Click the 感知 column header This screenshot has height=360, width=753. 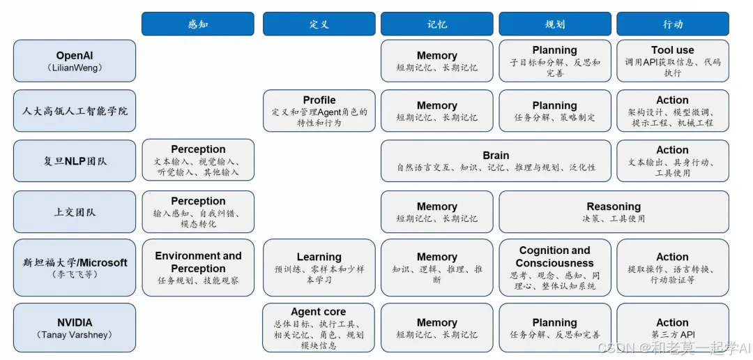point(198,24)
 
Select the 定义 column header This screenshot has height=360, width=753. point(319,24)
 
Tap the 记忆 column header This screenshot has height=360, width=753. point(437,24)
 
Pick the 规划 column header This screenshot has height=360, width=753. point(555,24)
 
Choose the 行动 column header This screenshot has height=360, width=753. point(673,24)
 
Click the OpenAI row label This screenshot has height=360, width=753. point(75,61)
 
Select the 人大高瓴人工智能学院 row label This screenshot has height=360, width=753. point(75,111)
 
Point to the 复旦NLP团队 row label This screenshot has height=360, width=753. point(75,161)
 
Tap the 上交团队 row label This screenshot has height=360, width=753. point(75,212)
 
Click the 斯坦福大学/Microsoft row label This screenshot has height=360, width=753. point(75,268)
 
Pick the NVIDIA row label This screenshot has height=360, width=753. point(75,328)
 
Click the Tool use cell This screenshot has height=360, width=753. point(673,61)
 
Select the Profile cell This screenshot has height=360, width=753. point(319,110)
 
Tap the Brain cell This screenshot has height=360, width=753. point(496,161)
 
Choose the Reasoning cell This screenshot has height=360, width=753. point(614,212)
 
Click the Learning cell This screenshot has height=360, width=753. point(319,268)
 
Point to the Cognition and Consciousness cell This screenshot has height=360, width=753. point(555,268)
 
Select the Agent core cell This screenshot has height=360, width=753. point(319,328)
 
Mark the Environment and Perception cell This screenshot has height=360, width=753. point(198,268)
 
